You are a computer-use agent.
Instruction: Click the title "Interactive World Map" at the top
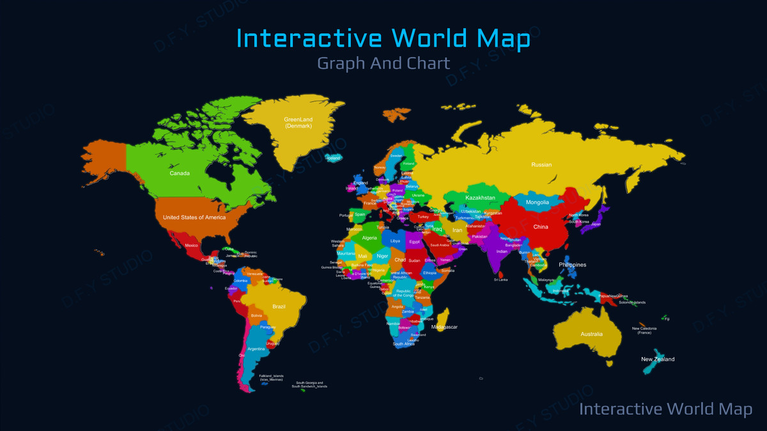383,38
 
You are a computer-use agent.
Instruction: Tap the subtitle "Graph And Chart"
383,63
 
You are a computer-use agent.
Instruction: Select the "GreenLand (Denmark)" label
298,122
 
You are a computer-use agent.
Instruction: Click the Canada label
179,173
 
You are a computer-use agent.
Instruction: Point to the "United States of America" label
194,217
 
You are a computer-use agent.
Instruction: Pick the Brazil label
279,306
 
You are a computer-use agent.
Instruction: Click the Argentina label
256,349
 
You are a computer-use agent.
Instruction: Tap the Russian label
541,165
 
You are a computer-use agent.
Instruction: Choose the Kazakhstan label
481,198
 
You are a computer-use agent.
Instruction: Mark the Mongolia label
538,202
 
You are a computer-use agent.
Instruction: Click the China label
541,227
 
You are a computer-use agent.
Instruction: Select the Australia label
591,334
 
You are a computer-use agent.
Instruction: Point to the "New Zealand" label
658,359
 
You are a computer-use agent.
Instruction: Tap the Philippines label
573,264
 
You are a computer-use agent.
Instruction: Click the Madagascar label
445,327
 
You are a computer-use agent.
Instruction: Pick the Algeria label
370,238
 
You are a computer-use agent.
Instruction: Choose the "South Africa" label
404,344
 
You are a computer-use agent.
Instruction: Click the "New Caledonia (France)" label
644,330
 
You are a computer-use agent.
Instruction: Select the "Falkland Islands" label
272,377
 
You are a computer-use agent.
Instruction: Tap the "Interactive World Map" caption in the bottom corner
665,409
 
